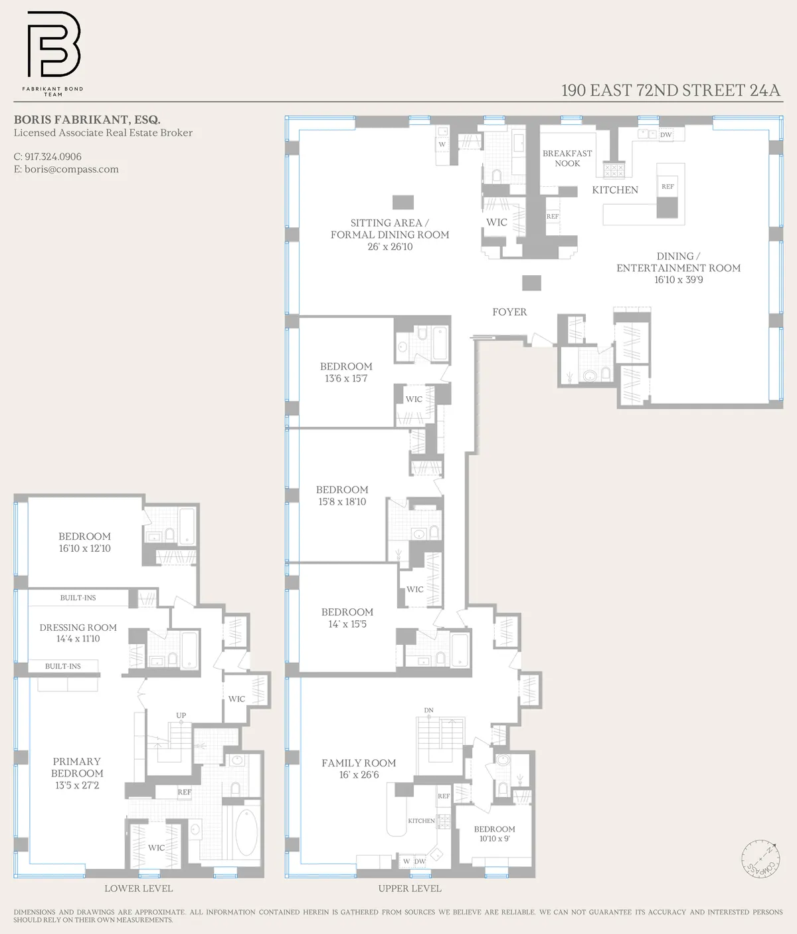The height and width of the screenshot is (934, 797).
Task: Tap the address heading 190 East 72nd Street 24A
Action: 670,90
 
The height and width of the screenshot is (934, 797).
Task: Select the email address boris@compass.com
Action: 71,170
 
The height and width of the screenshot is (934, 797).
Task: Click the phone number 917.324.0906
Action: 53,157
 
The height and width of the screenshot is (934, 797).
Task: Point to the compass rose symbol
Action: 760,857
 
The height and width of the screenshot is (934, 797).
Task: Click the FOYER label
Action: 509,312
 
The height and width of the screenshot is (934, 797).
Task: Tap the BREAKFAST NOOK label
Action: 567,158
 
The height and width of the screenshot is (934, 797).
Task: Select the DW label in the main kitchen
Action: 665,135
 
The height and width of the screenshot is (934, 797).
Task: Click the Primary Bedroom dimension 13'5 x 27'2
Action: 77,785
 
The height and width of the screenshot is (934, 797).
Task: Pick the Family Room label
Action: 359,763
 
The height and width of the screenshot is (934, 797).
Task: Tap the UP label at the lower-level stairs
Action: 181,715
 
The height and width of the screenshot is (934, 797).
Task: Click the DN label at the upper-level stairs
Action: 428,710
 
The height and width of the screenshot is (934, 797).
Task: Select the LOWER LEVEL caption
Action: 138,888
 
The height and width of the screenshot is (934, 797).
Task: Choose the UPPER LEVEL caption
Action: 409,888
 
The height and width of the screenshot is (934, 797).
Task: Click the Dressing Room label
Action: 78,628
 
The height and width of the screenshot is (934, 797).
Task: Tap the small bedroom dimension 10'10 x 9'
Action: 494,839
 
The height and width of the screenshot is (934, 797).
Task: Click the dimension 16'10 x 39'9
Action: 678,280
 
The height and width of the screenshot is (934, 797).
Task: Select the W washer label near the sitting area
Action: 442,144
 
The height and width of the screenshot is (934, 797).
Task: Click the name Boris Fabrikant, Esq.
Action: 87,120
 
